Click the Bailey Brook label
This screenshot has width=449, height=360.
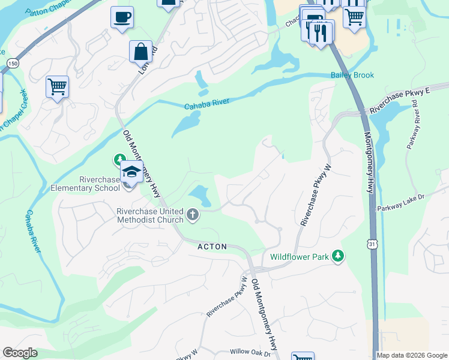coord(352,75)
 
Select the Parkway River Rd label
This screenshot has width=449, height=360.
coord(414,126)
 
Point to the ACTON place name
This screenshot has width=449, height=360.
coord(212,247)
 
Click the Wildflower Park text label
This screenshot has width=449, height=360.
coord(300,257)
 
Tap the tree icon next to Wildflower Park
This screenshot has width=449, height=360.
coord(339,256)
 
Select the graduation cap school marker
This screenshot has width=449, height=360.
coord(131,172)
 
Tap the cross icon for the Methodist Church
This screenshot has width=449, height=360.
coord(193,215)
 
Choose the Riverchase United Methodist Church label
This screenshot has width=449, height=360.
coord(149,215)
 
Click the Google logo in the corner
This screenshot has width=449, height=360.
coord(20,353)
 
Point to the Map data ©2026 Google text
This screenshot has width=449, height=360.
coord(412,355)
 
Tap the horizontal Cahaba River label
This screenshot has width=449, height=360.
coord(207,104)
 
